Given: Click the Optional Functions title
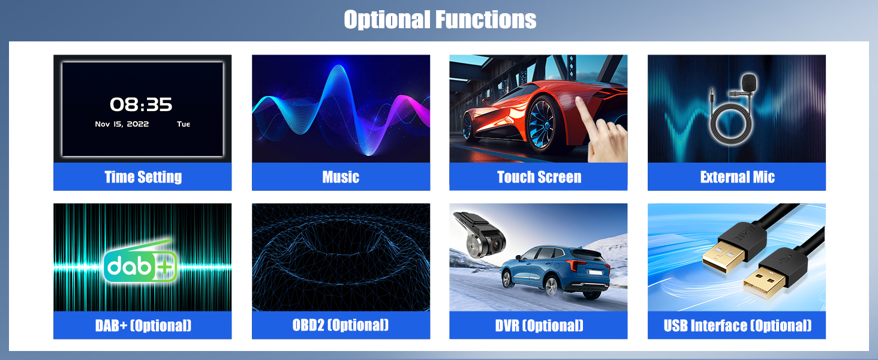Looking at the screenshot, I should [x=440, y=19].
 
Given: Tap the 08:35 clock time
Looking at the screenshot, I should [x=141, y=104].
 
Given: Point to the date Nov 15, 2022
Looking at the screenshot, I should [x=122, y=124].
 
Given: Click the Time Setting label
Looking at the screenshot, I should [x=143, y=177].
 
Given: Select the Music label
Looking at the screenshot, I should [x=341, y=177].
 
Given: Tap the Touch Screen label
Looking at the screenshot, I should [x=539, y=177].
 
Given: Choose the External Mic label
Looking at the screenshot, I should [x=737, y=177].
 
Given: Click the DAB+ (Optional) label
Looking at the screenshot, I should [x=143, y=325].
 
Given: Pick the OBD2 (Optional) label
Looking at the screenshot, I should [x=341, y=325].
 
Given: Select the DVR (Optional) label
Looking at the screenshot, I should [x=539, y=325].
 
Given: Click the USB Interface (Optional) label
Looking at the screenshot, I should [x=737, y=325].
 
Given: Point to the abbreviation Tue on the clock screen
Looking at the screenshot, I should [x=184, y=124].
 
